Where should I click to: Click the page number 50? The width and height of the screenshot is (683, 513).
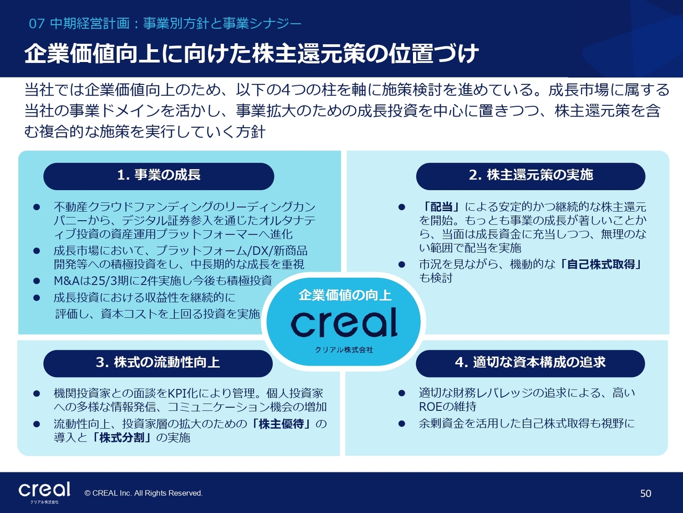coord(646,493)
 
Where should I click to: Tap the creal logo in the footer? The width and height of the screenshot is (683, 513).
coord(44,492)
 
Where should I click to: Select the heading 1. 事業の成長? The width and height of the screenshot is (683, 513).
coord(158,175)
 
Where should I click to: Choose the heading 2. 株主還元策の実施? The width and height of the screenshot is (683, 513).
coord(531,175)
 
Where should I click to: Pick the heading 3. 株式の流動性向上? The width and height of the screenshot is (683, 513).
coord(158,362)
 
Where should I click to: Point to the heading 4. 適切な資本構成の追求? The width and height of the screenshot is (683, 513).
coord(530,362)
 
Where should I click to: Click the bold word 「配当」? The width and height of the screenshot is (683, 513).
coord(441,207)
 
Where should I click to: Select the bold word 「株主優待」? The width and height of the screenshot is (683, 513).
coord(281,424)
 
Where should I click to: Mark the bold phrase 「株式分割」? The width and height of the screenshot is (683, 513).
coord(122,438)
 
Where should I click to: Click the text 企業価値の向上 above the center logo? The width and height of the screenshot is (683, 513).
coord(345,295)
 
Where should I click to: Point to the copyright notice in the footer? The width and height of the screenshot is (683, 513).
coord(144,493)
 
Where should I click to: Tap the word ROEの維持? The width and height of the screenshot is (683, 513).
coord(448,407)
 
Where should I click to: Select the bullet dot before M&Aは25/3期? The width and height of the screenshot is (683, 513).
coord(37,281)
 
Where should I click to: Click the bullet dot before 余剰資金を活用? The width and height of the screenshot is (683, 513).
coord(402,424)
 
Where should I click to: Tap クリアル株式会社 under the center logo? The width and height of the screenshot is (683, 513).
coord(344,350)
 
